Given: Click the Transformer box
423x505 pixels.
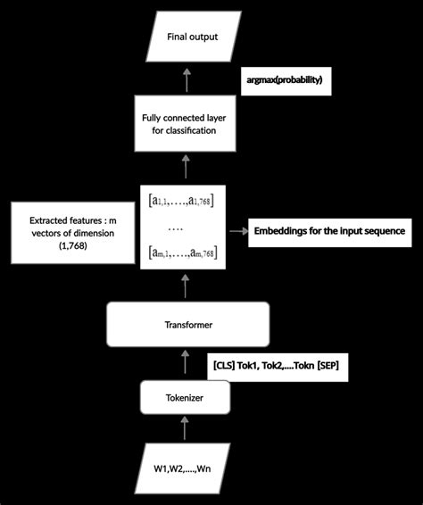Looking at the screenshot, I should [187, 325].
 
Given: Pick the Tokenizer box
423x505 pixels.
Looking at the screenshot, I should [186, 398].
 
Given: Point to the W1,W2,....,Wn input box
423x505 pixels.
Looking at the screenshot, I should [186, 468].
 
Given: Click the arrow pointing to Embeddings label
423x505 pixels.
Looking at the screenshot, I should [236, 231].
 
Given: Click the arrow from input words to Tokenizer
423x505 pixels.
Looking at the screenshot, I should [186, 432].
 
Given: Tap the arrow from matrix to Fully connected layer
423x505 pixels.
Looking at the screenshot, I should [186, 167].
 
